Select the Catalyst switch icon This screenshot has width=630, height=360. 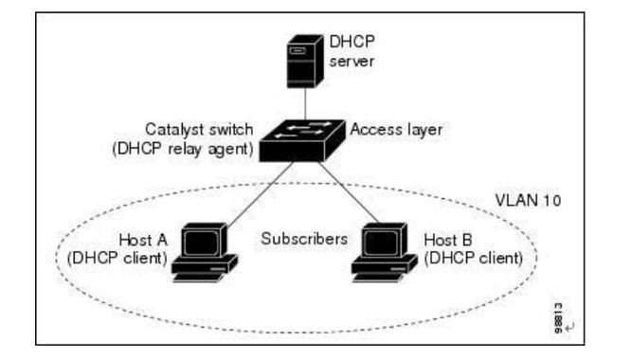[x=303, y=138]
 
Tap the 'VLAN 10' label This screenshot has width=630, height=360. [x=529, y=203]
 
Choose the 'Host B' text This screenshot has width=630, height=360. [x=450, y=241]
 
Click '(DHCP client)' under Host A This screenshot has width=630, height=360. [x=118, y=258]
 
